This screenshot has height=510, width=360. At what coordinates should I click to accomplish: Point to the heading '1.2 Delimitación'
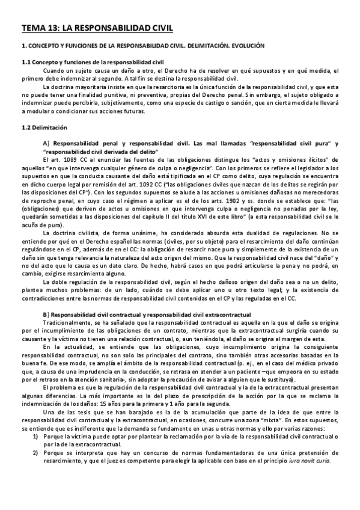[44, 127]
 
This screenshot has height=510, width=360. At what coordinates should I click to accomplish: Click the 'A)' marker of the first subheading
[46, 143]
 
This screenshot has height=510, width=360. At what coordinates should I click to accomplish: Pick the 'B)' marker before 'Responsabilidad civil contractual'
[46, 315]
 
